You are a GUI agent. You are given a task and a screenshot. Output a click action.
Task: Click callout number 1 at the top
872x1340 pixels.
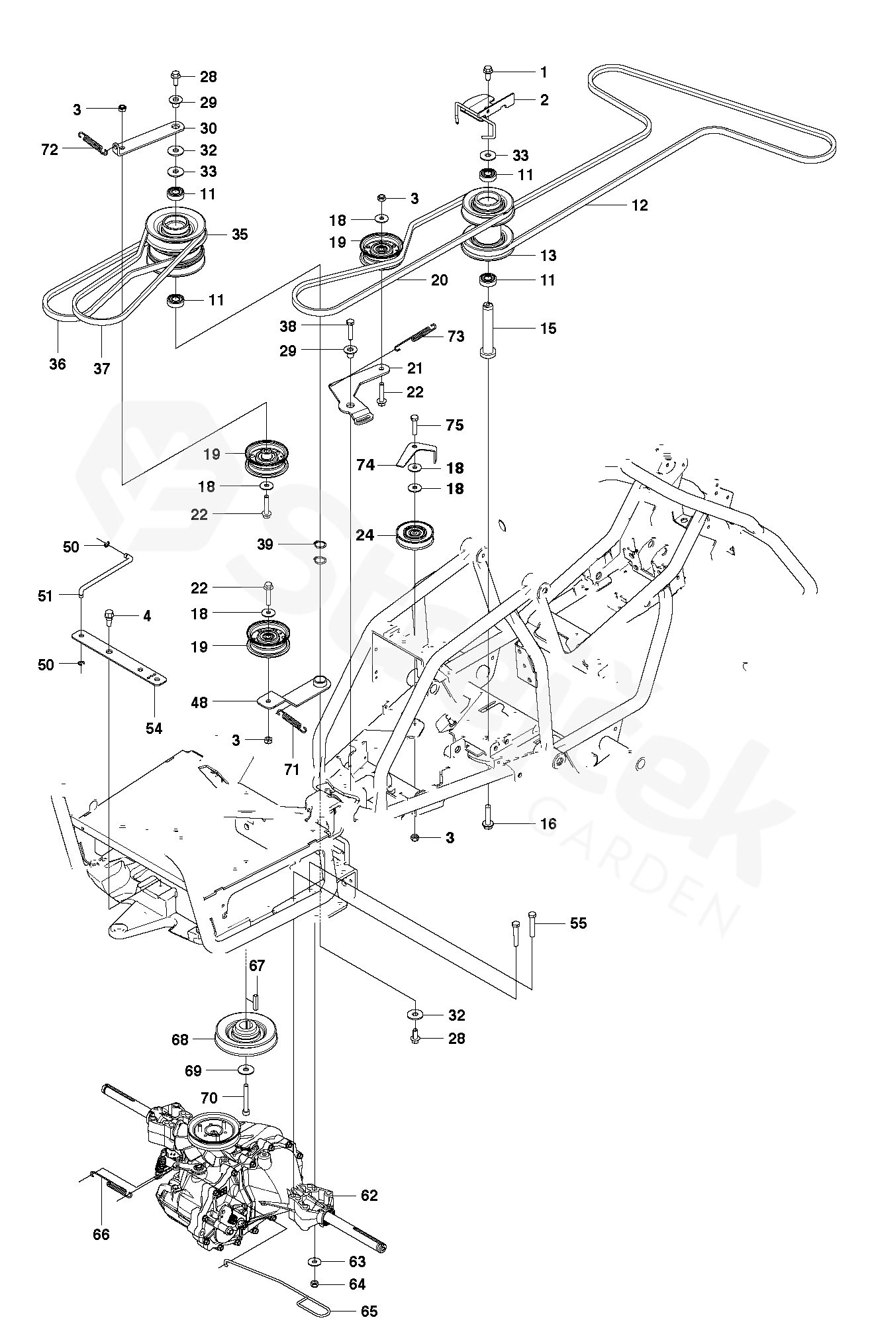coord(544,72)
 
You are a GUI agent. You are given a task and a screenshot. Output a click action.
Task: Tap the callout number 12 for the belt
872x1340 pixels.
coord(640,205)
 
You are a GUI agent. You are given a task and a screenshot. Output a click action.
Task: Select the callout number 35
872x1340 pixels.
coord(240,234)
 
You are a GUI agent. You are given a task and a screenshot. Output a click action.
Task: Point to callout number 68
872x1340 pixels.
coord(180,1040)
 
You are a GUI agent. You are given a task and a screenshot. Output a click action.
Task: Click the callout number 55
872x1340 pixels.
coord(578,923)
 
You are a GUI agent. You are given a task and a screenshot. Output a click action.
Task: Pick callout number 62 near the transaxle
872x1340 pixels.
coord(369,1196)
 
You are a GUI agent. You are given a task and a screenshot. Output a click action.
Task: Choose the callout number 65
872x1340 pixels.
coord(369,1312)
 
